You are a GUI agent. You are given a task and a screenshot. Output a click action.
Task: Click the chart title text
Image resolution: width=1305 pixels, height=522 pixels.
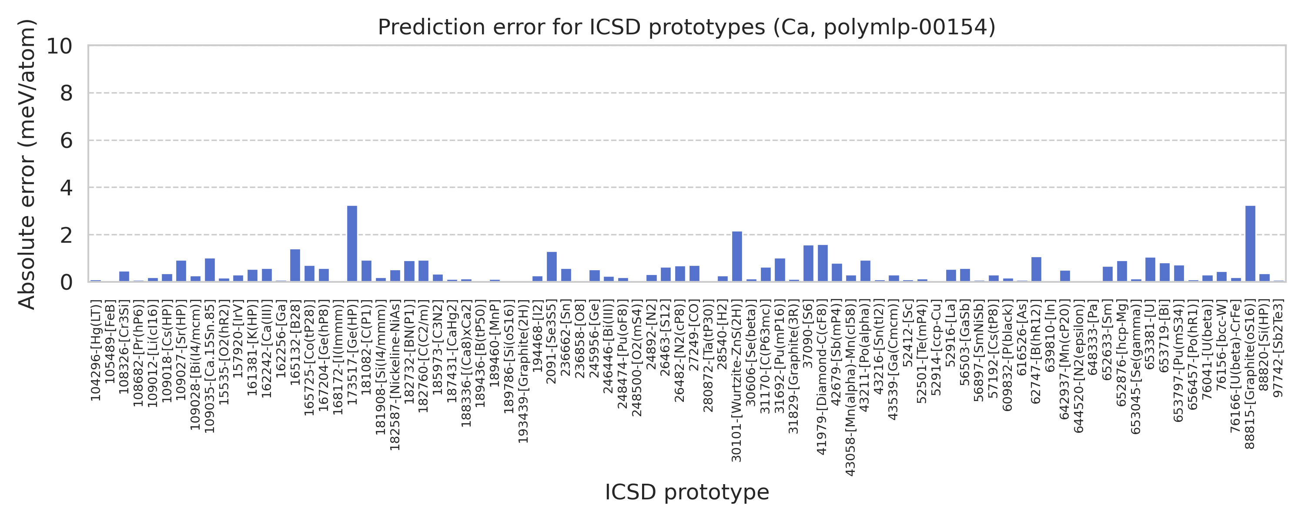pos(686,27)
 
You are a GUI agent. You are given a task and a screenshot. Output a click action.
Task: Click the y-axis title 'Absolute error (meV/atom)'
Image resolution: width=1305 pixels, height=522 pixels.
pos(27,164)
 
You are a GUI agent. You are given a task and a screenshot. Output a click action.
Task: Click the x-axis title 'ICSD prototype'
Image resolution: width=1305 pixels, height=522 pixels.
pos(686,492)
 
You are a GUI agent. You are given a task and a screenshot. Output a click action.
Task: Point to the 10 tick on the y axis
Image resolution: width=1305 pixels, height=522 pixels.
pos(59,46)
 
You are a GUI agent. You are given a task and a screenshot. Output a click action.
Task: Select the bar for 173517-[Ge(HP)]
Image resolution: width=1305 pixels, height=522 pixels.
pos(352,244)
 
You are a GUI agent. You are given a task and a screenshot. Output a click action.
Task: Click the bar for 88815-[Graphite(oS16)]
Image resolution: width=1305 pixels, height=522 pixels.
pos(1250,244)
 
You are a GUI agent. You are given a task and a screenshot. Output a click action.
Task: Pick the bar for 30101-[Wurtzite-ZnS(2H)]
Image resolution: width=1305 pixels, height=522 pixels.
pos(737,257)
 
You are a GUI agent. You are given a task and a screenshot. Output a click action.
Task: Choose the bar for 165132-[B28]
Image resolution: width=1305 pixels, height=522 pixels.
pos(295,265)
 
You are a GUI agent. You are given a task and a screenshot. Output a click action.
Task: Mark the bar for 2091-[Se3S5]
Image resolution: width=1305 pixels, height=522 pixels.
pos(552,267)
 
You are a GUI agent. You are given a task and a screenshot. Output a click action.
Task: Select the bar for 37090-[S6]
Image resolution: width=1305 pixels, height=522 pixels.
pos(809,264)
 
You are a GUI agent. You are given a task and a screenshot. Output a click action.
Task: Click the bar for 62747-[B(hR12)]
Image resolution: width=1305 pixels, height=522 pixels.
pos(1037,269)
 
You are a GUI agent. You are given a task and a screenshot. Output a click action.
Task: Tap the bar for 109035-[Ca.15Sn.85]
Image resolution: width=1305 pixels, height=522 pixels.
pos(210,270)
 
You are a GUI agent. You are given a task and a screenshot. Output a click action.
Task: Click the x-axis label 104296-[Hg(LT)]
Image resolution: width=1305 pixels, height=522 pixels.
pos(96,350)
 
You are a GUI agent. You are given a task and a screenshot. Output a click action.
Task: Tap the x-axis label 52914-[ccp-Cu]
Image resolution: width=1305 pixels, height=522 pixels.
pos(936,349)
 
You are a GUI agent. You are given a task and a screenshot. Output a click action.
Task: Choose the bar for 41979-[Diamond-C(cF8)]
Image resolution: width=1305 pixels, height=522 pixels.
pos(823,263)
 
